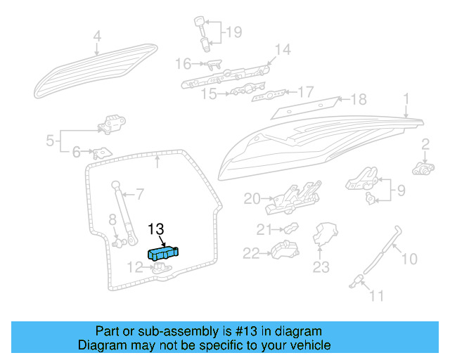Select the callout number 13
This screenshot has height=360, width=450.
156,229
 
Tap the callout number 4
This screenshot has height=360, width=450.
97,36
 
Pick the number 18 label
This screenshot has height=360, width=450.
359,99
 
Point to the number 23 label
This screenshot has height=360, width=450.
321,267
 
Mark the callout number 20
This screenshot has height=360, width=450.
252,199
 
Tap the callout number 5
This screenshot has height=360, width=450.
51,141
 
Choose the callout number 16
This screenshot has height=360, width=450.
183,64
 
